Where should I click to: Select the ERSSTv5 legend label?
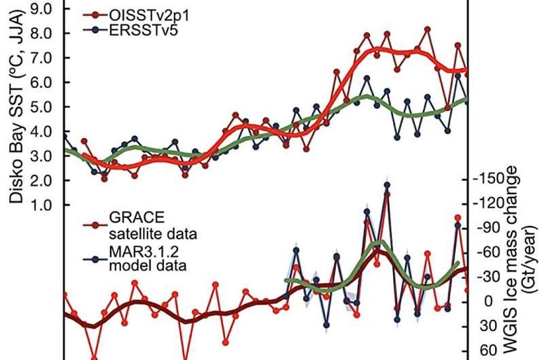(141, 29)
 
